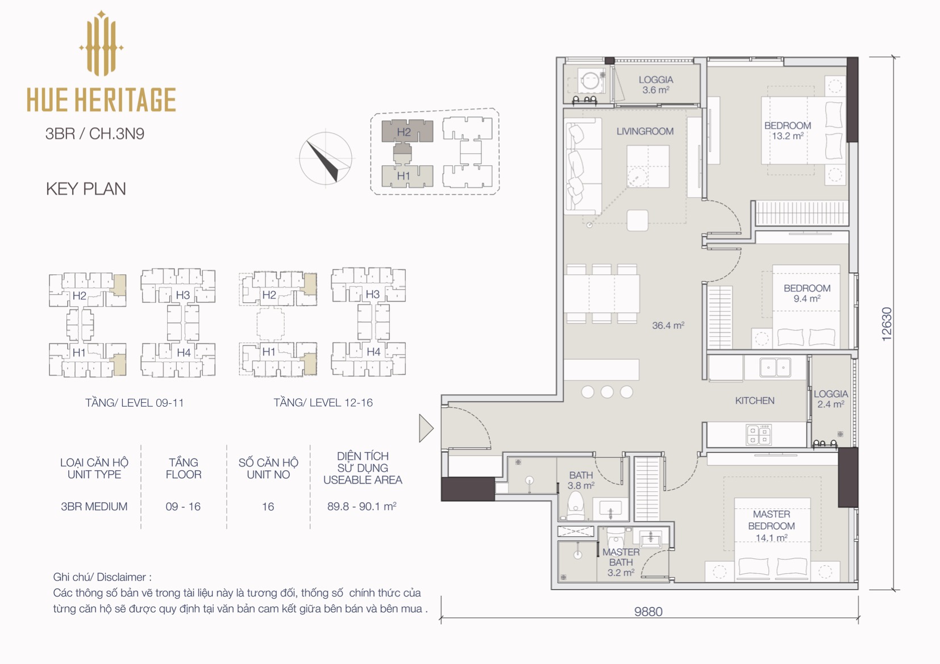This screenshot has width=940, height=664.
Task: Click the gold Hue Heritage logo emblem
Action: pos(101,44)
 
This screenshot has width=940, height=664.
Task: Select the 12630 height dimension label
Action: pos(886,324)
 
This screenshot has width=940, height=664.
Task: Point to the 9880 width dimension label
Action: pos(648,612)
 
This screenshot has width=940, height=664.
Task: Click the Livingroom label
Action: pos(645,131)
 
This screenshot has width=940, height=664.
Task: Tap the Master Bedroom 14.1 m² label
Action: pos(771,526)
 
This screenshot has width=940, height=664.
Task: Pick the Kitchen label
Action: pos(755,400)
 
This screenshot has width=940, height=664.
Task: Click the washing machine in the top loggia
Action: pos(591,81)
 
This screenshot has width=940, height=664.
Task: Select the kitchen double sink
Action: pos(775,368)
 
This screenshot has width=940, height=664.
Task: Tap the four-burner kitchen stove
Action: pos(759,435)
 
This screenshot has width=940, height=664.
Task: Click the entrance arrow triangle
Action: pos(426,428)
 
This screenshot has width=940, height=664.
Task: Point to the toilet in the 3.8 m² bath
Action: pos(576,506)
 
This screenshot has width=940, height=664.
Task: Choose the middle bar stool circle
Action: pos(607,392)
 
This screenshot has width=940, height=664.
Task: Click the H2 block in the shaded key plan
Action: pos(407,131)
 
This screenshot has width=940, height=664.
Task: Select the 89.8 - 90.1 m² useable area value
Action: pos(361,506)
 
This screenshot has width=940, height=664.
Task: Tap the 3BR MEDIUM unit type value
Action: pos(94,507)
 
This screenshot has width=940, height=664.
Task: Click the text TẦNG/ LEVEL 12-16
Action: pos(323,403)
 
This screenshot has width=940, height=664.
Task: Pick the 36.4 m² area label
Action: pos(668,325)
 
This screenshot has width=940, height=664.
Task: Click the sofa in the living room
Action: pos(583,166)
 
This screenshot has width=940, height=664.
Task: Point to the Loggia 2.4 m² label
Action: pos(831,399)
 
